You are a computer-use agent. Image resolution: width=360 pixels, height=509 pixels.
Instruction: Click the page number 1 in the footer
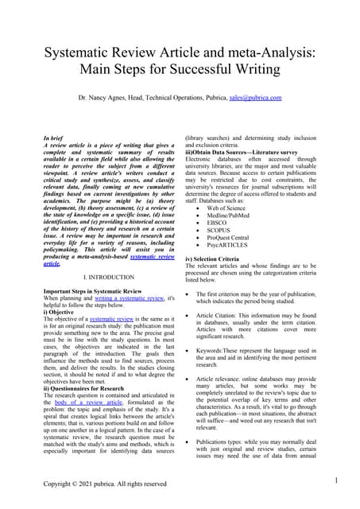pos(336,480)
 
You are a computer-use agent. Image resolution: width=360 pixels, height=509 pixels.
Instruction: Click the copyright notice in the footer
pos(105,484)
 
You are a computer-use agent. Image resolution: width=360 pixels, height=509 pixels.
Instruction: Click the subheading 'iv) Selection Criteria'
pos(218,258)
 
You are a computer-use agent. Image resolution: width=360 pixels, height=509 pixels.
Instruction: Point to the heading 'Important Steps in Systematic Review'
pos(92,290)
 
